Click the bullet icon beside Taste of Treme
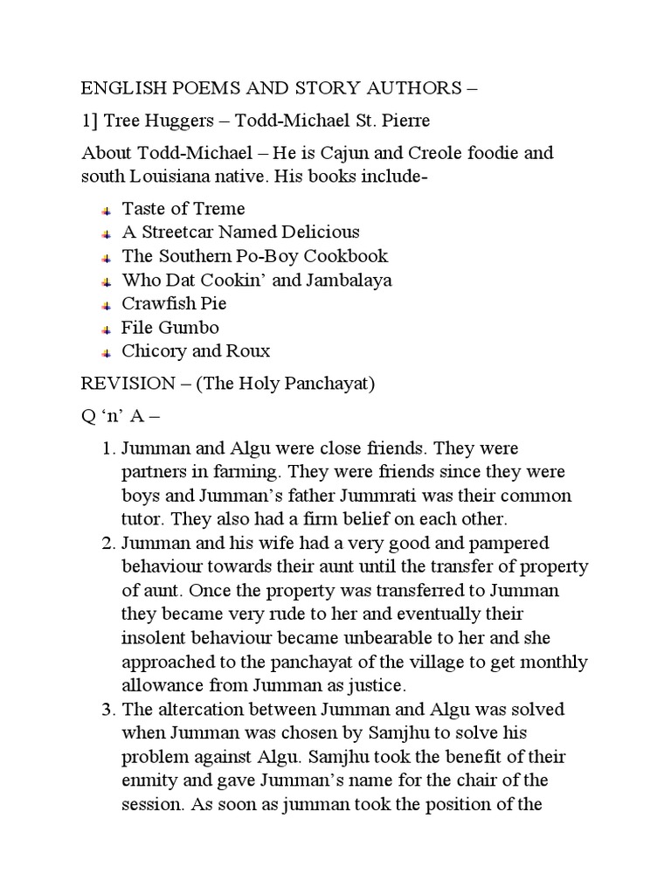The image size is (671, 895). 105,210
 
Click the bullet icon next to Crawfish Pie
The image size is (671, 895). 105,305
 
